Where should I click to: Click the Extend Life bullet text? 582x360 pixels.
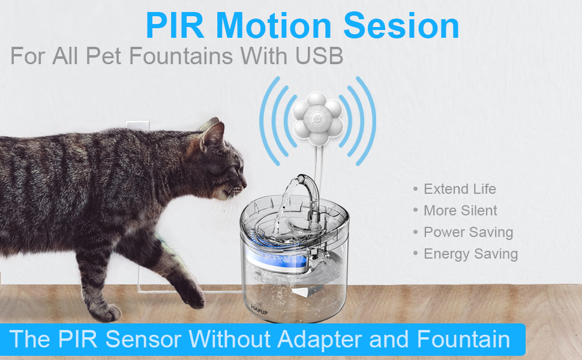click(x=460, y=189)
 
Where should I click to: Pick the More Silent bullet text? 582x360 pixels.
click(x=460, y=211)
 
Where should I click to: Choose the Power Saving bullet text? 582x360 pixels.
click(x=468, y=232)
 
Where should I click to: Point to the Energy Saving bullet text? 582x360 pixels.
click(x=470, y=254)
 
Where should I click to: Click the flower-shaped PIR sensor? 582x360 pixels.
click(x=317, y=117)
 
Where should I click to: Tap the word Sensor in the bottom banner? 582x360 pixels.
click(x=143, y=339)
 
